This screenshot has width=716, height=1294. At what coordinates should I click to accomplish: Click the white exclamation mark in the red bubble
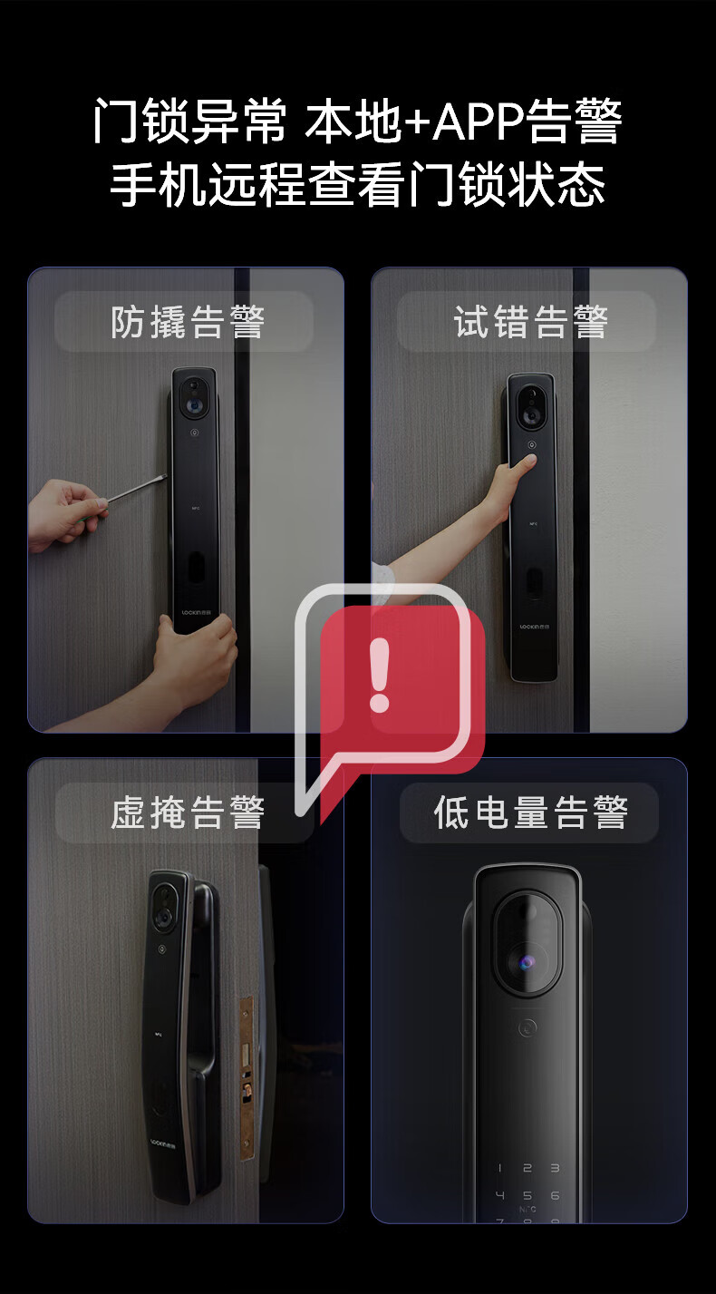tap(380, 675)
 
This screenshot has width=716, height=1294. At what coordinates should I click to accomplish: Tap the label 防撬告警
tap(188, 322)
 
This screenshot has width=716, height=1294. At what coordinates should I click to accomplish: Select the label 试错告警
tap(530, 322)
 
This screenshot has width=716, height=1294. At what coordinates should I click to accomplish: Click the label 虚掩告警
tap(188, 812)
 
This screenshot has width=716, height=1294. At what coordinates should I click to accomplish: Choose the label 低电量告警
tap(530, 812)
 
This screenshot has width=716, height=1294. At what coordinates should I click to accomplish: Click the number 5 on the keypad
tap(527, 1195)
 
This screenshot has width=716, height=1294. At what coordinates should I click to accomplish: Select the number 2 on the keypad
tap(527, 1168)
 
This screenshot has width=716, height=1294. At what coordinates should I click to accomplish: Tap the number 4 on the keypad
tap(499, 1195)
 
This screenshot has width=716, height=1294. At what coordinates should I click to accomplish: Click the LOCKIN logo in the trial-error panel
tap(535, 627)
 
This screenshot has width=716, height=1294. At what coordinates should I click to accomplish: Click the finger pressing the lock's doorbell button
tap(527, 462)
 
